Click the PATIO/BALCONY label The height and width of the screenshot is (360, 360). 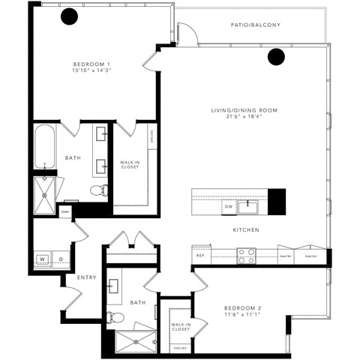(x=255, y=25)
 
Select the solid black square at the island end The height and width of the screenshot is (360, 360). (x=277, y=199)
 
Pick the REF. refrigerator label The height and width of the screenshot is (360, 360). (x=200, y=256)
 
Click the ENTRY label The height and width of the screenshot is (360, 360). (x=87, y=277)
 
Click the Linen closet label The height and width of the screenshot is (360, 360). (x=65, y=212)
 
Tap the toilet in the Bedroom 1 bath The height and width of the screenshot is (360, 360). (x=96, y=190)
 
